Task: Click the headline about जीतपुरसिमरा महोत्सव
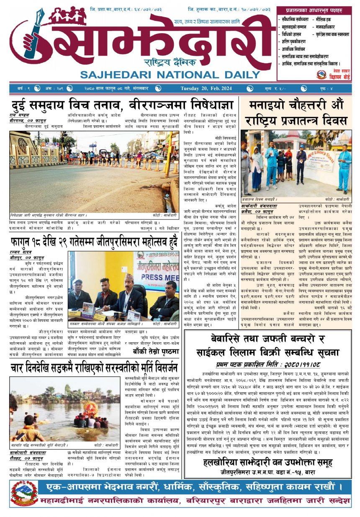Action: [94, 241]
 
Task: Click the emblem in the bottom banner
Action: [24, 494]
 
